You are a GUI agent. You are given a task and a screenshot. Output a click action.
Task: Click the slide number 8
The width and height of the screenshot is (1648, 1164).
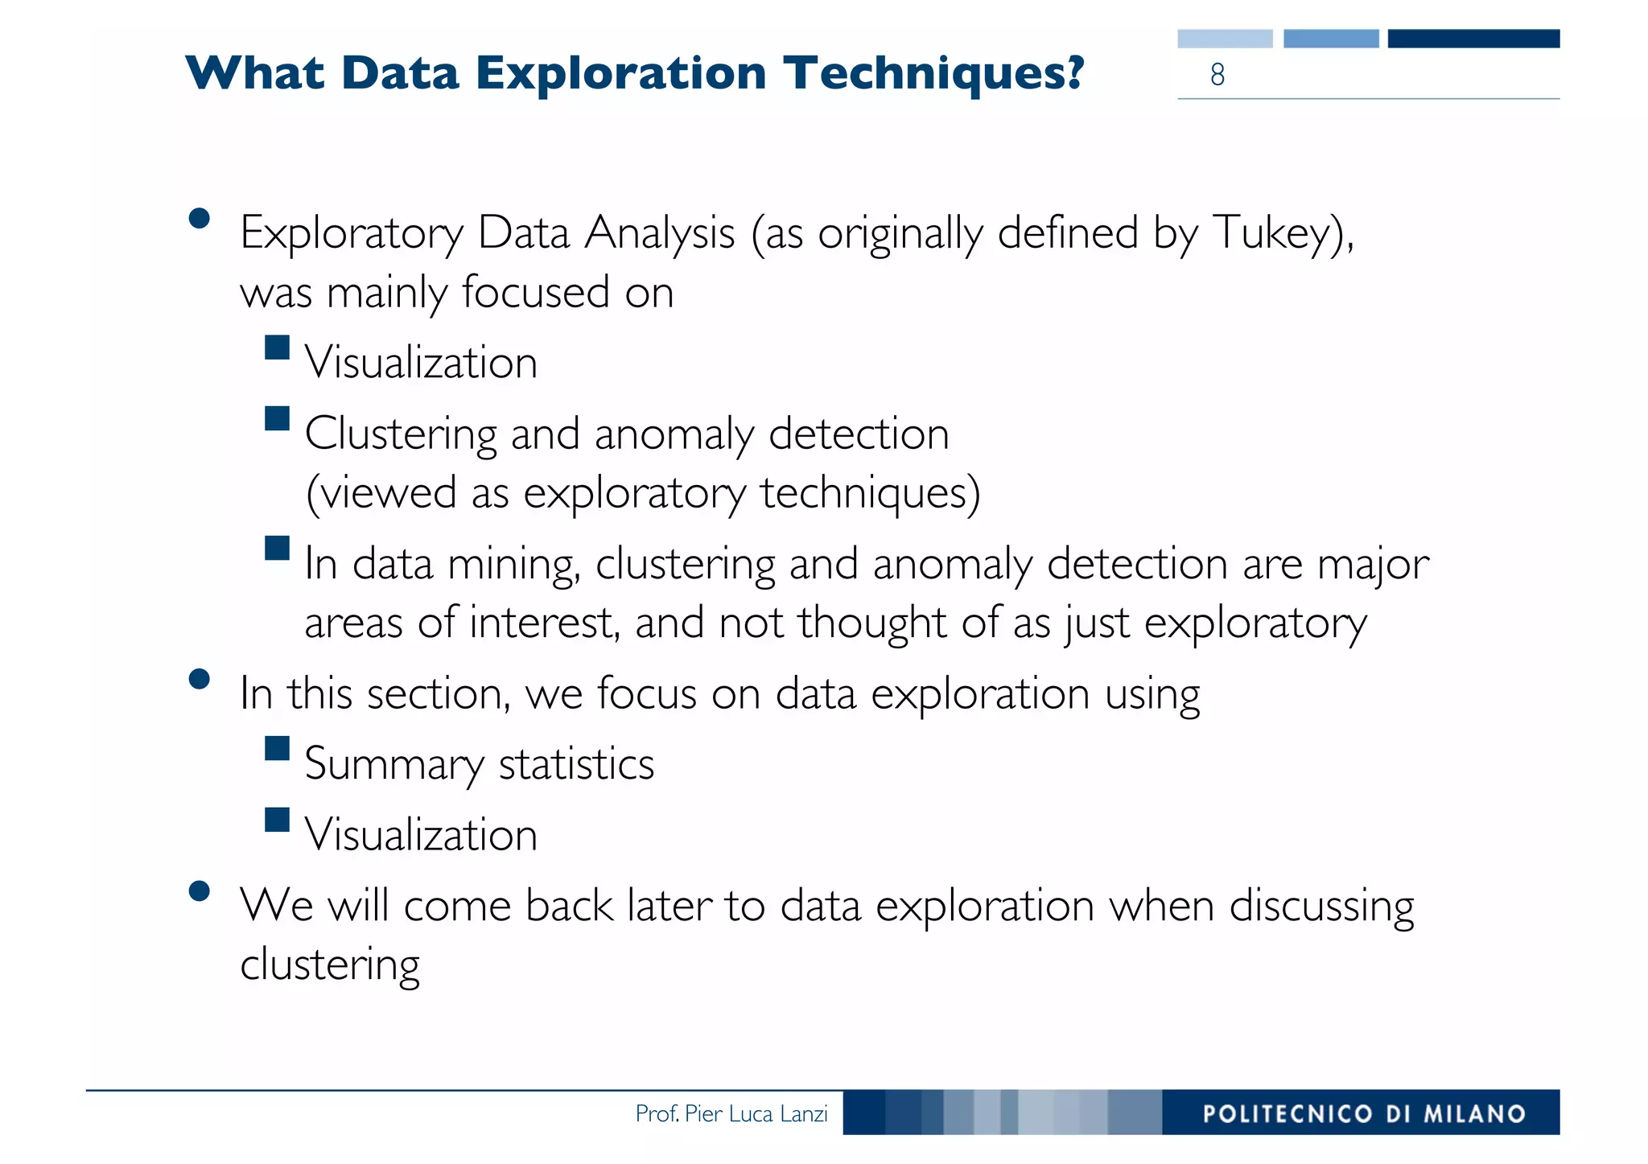point(1217,75)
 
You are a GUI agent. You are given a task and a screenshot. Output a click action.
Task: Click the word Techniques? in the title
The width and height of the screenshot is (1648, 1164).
point(934,74)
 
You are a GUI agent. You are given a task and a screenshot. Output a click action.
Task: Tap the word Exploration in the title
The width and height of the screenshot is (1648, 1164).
point(620,74)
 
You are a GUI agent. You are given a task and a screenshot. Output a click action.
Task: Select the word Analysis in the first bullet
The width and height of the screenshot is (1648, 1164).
point(660,233)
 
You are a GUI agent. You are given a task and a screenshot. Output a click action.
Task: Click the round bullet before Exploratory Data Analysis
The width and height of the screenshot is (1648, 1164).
point(199,219)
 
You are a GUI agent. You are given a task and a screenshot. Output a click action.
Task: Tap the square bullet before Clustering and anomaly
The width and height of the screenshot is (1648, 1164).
point(277,418)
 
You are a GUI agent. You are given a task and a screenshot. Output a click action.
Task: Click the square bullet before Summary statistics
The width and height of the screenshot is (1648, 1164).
point(277,748)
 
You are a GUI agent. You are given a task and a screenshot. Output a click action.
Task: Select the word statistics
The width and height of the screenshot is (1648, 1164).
point(576,764)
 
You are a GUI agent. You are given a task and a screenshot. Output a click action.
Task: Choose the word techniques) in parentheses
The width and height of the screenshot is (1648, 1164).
point(870,493)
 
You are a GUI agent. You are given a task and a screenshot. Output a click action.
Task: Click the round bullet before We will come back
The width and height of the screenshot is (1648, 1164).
point(199,891)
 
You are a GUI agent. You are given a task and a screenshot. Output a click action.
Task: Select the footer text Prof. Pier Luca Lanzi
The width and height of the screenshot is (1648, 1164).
point(731,1113)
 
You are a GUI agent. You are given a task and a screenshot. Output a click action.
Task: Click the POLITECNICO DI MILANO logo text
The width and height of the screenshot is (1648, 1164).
point(1364,1113)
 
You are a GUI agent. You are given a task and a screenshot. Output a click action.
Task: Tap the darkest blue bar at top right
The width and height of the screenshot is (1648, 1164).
point(1473,39)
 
